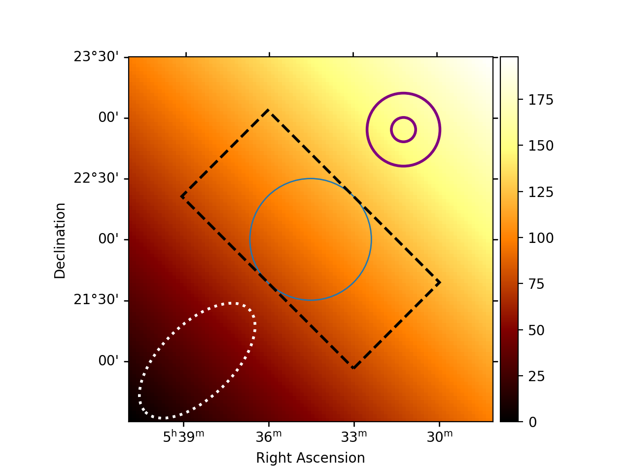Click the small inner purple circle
click(403, 130)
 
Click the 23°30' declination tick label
click(96, 57)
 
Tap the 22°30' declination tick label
click(96, 178)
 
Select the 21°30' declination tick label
click(96, 300)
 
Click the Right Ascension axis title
click(311, 458)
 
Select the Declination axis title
click(60, 240)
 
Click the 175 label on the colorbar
click(541, 100)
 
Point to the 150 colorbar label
click(541, 146)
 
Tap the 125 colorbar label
click(541, 192)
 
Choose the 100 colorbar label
click(541, 238)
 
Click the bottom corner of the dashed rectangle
click(353, 368)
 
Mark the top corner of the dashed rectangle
click(268, 110)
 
